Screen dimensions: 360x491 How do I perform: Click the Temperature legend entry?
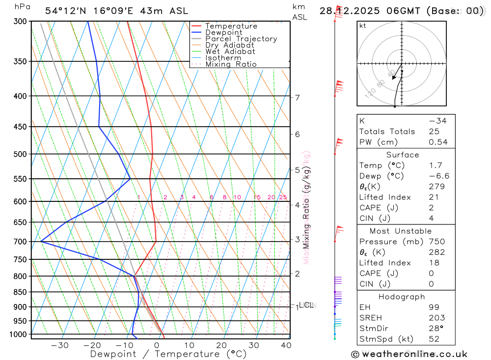tap(231, 26)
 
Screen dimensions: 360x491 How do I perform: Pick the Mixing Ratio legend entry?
tap(231, 64)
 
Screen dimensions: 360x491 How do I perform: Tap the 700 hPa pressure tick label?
tap(20, 242)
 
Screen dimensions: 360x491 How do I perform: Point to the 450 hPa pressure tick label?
tap(20, 127)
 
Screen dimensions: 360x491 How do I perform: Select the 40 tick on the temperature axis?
tap(286, 345)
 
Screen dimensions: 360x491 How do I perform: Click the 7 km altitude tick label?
tap(298, 97)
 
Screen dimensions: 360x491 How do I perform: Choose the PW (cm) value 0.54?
tap(438, 142)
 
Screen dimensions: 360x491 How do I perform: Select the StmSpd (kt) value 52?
tap(434, 339)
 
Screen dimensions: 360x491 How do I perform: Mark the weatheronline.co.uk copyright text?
tap(409, 354)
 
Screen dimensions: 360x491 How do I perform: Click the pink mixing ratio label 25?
tap(283, 197)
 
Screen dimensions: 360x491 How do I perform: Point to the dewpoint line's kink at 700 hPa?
tap(41, 242)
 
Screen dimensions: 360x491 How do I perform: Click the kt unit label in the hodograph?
tap(363, 26)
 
